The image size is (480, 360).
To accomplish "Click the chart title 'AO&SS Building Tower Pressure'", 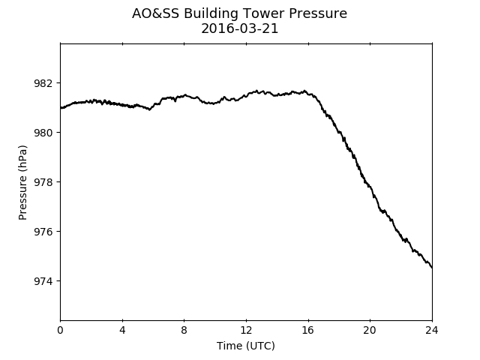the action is (x=239, y=13).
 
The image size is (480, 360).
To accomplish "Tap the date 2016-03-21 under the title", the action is (x=240, y=28).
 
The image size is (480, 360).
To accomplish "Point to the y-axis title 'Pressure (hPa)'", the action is (x=22, y=182).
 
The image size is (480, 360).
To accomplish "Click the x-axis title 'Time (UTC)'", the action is (x=246, y=346).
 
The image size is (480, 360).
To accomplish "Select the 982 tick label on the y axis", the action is (x=43, y=83).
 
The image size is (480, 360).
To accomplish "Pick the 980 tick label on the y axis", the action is (x=43, y=133).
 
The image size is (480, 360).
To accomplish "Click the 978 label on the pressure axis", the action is (x=43, y=182).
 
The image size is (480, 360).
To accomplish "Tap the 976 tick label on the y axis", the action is (x=43, y=232).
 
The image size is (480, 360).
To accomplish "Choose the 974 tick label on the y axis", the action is (x=43, y=281).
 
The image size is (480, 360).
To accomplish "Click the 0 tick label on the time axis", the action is (x=60, y=330).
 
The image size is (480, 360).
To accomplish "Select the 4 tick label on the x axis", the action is (x=122, y=330).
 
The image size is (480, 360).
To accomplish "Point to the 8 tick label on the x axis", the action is (x=184, y=330).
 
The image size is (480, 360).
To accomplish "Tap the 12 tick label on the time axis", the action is (x=246, y=330).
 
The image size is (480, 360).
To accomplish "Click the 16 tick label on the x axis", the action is (x=308, y=330).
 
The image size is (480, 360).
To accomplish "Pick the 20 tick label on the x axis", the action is (x=370, y=330).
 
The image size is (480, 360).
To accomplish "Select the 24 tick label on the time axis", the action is (x=432, y=330).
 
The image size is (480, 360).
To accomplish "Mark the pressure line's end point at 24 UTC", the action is (x=432, y=268).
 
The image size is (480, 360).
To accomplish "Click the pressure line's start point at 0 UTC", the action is (x=61, y=108).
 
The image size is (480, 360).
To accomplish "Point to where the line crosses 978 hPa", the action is (x=365, y=182).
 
